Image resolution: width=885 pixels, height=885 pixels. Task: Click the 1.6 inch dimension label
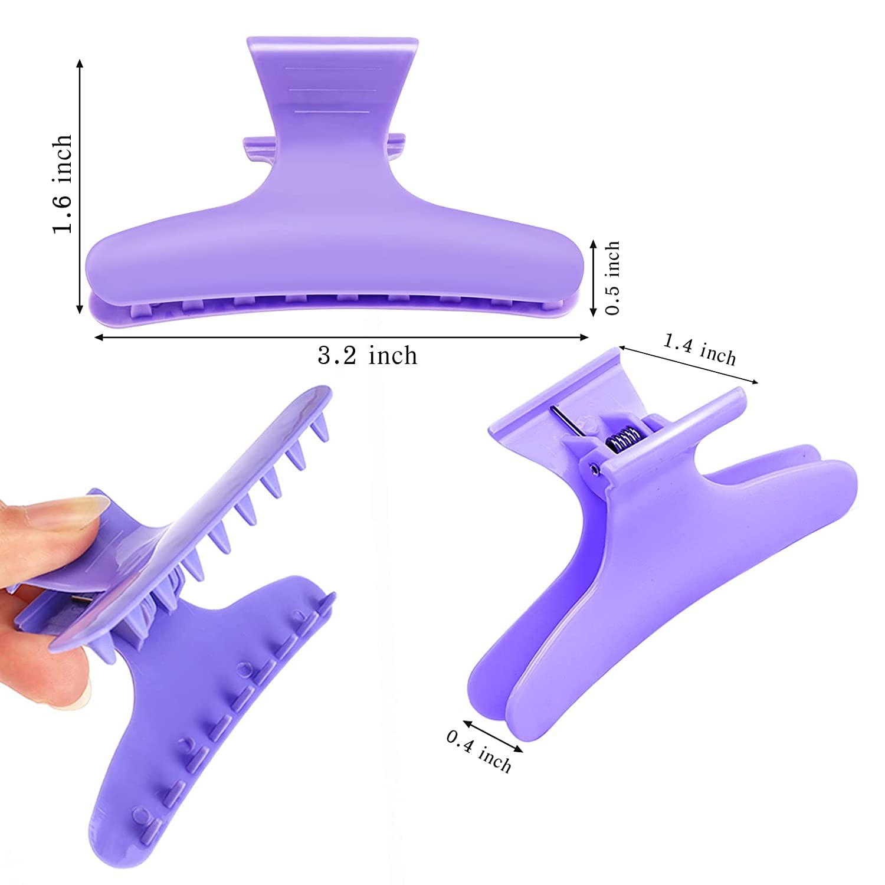[x=63, y=184]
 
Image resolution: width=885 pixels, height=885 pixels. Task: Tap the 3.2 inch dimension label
[x=368, y=356]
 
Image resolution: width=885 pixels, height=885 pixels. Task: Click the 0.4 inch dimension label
[x=478, y=750]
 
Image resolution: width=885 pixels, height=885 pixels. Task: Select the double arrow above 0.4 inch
[x=493, y=736]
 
